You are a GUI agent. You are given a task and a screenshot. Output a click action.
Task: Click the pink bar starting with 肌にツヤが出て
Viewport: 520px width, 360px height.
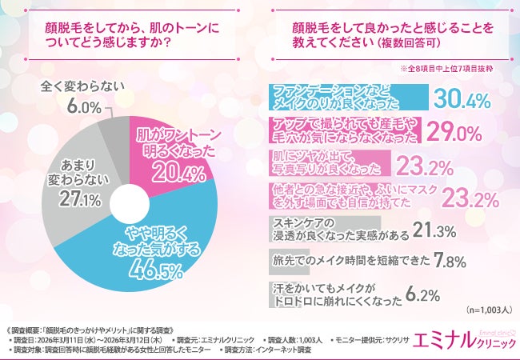(328, 163)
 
